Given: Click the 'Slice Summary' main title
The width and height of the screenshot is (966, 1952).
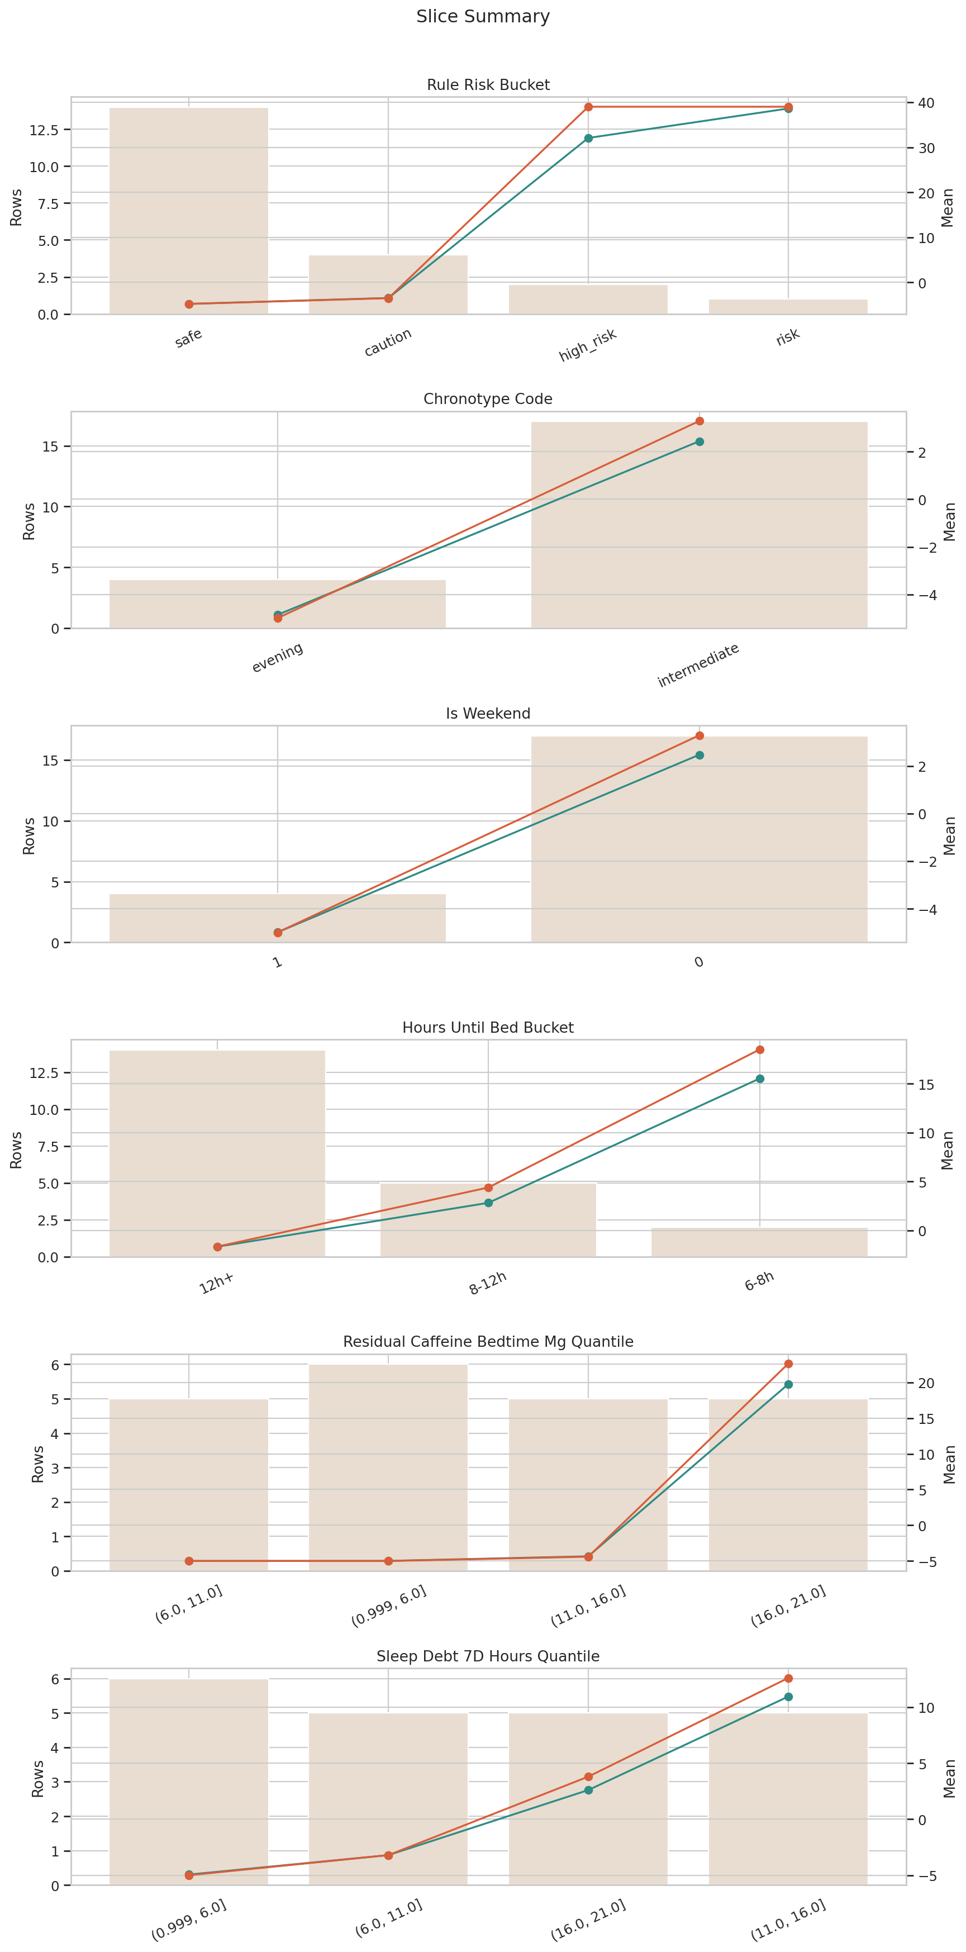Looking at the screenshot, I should point(483,17).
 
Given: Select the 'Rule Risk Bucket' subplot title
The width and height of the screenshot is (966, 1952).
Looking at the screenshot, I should point(488,85).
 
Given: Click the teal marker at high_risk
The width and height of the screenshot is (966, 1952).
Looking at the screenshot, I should point(588,138).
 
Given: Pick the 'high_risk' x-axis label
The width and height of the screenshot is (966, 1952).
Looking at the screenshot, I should point(588,345).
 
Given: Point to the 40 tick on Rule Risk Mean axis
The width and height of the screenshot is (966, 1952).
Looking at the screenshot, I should point(926,103).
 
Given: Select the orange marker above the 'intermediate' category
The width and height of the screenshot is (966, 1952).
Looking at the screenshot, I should point(699,421).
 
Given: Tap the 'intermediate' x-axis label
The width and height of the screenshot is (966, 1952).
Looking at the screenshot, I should point(698,666).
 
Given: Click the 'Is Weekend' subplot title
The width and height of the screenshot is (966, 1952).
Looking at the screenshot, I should point(488,714).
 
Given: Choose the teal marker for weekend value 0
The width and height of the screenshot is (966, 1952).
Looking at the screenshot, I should point(699,755).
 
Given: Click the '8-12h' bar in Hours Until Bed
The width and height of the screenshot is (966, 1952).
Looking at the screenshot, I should point(488,1220).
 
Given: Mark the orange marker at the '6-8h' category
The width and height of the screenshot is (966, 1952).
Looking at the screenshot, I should point(759,1049).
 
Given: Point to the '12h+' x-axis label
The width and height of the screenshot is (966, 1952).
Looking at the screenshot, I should point(217,1284).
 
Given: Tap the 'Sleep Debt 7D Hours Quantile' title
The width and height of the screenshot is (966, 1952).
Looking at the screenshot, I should point(488,1656).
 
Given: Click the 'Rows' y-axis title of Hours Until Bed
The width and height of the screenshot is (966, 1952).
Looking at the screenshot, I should point(16,1150).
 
